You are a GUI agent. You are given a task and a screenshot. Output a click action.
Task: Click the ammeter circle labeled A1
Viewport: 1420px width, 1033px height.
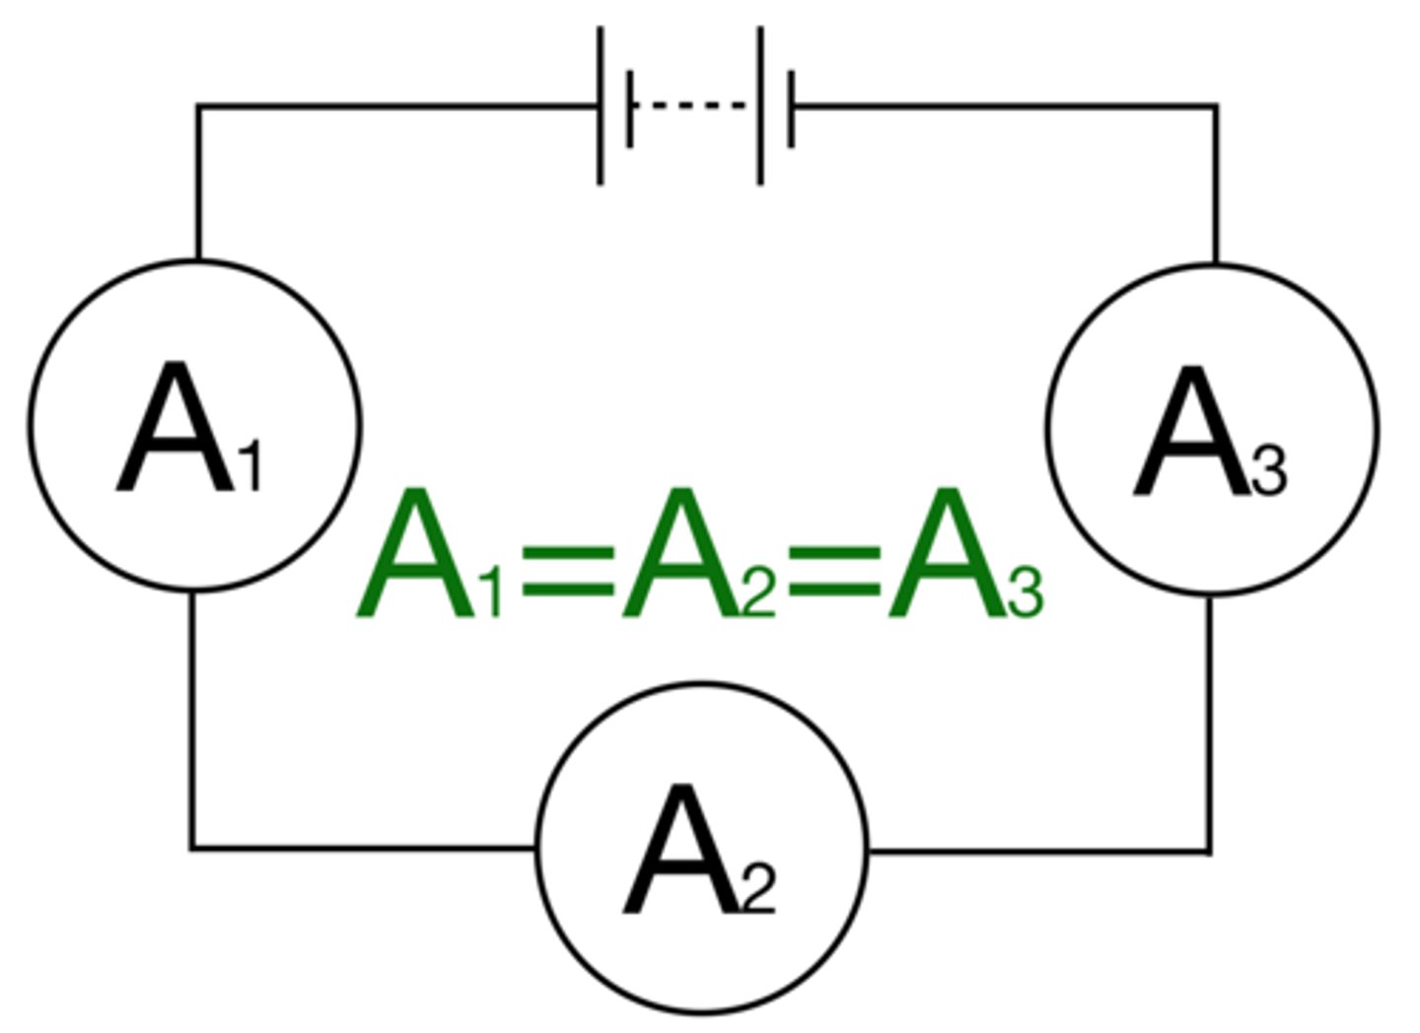tap(194, 426)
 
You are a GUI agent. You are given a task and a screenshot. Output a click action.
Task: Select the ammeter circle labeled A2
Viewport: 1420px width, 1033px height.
tap(702, 848)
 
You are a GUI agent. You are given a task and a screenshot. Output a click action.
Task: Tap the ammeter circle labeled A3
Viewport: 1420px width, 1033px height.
tap(1212, 430)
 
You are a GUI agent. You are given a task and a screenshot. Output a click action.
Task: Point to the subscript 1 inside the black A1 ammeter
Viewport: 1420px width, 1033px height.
tap(250, 467)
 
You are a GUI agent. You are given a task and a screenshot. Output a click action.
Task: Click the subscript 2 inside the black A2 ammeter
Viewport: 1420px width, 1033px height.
tap(758, 889)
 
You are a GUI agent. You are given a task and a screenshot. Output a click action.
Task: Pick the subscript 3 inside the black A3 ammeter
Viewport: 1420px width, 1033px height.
tap(1269, 471)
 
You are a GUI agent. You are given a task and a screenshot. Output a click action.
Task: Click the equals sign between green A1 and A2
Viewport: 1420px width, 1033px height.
tap(566, 571)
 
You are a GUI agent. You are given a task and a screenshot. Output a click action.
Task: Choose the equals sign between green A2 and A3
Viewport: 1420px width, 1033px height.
tap(833, 571)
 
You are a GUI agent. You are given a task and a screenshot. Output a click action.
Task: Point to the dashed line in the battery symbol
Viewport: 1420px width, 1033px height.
tap(693, 104)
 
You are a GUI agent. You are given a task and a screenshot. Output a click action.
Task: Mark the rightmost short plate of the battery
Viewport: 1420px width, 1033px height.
tap(791, 107)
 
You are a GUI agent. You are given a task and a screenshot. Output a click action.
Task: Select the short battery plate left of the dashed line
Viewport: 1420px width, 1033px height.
tap(629, 107)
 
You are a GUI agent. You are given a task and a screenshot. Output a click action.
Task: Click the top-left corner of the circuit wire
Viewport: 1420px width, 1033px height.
tap(197, 105)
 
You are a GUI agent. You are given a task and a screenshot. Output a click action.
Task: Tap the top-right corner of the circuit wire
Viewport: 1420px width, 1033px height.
tap(1215, 105)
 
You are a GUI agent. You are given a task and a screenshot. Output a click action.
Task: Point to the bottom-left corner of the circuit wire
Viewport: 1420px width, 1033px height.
tap(192, 847)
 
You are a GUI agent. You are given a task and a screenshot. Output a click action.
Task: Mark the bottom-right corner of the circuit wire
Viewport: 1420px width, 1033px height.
tap(1210, 850)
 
